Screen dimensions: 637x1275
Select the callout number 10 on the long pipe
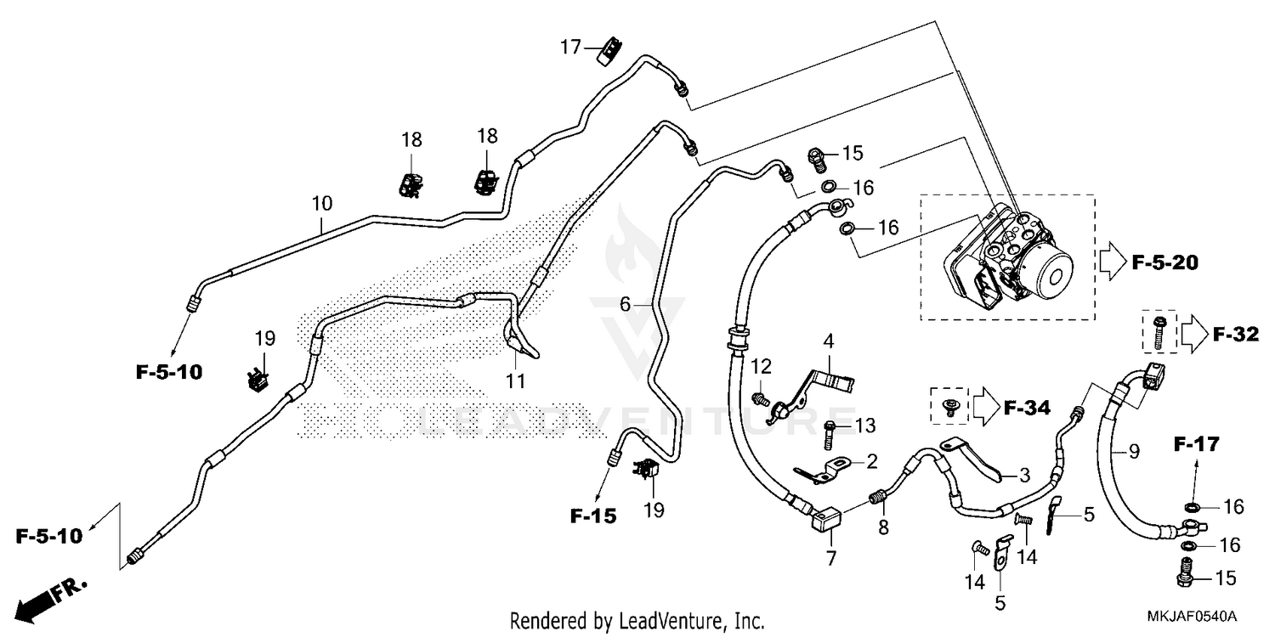point(322,204)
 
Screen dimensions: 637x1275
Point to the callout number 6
point(625,304)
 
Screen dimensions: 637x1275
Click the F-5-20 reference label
point(1164,263)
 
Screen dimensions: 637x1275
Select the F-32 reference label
point(1234,335)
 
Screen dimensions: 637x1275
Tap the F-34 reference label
point(1027,409)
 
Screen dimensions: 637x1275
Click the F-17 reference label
point(1197,443)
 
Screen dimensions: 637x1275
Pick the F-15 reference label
point(593,515)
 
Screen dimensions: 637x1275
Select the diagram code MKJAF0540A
point(1195,615)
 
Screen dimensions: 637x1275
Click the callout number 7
point(830,558)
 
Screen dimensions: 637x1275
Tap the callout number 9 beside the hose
point(1133,452)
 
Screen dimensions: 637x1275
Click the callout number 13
point(864,425)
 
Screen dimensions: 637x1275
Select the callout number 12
point(762,366)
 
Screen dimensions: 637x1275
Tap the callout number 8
point(883,527)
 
